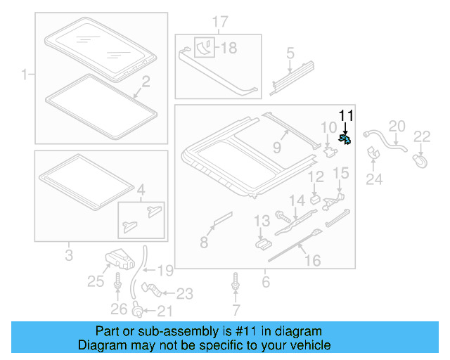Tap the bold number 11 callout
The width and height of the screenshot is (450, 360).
pyautogui.click(x=347, y=116)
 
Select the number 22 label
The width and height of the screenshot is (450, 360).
pyautogui.click(x=422, y=136)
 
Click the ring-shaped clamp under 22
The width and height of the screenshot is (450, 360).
pyautogui.click(x=421, y=162)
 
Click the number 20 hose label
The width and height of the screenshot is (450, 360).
pyautogui.click(x=397, y=126)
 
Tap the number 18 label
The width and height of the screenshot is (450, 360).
pyautogui.click(x=229, y=49)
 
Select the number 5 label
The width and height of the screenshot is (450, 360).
pyautogui.click(x=289, y=53)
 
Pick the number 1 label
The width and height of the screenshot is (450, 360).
pyautogui.click(x=26, y=74)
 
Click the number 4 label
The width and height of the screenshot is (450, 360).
pyautogui.click(x=142, y=189)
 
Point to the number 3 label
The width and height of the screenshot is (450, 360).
pyautogui.click(x=69, y=255)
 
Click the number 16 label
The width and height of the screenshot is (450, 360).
pyautogui.click(x=311, y=261)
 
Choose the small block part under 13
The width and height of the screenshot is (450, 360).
pyautogui.click(x=262, y=243)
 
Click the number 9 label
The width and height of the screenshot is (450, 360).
pyautogui.click(x=276, y=148)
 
